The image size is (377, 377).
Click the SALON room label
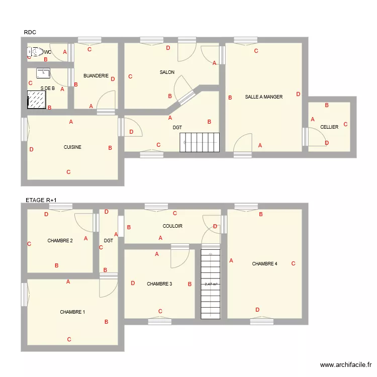click(x=167, y=72)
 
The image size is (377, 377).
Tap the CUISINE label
click(x=72, y=147)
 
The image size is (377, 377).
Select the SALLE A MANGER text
click(x=263, y=97)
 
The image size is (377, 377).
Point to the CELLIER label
click(x=329, y=127)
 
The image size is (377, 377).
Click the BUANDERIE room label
click(x=96, y=76)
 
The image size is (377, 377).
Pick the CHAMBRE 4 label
click(x=264, y=264)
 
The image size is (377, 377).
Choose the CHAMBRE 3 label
click(x=159, y=284)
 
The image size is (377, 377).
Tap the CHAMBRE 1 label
click(x=72, y=312)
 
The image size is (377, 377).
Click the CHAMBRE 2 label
click(x=60, y=241)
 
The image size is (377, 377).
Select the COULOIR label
click(x=172, y=226)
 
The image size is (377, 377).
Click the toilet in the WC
click(x=35, y=51)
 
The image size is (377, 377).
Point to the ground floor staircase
click(x=200, y=142)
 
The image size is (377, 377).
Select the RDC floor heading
click(x=30, y=33)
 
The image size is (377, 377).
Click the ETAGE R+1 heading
click(x=41, y=200)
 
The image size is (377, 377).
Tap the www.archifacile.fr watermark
click(x=346, y=365)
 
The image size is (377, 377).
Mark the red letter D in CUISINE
click(x=31, y=149)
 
